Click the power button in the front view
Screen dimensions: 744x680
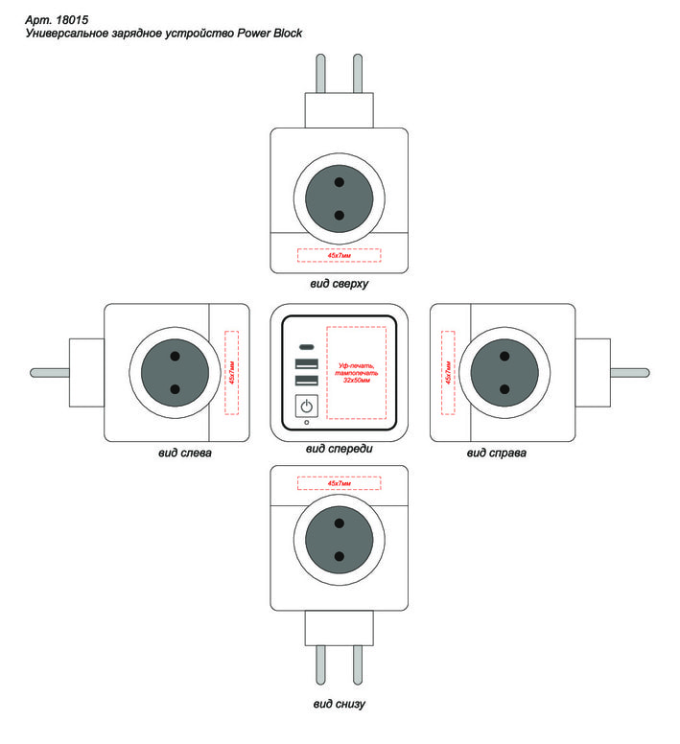pos(306,407)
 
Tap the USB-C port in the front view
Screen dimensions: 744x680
pos(306,346)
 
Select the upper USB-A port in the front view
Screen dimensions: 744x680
pos(306,363)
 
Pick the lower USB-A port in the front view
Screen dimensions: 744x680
pos(306,381)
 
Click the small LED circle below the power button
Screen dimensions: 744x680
pos(306,423)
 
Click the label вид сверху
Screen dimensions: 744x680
pos(339,284)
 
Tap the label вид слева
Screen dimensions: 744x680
pos(185,453)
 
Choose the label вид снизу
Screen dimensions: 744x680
pos(339,705)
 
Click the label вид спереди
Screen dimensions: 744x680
pos(339,448)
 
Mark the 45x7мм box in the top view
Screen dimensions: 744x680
pos(339,256)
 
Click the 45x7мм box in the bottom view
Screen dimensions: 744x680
pos(339,483)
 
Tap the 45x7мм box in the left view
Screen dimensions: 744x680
pos(231,372)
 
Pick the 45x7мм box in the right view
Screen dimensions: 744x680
pos(447,372)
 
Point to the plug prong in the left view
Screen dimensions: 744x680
pos(48,372)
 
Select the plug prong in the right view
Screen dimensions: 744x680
pos(631,372)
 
